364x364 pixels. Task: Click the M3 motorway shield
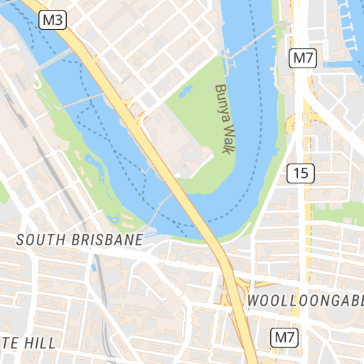(x=53, y=20)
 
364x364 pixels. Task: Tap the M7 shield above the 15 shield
(x=303, y=58)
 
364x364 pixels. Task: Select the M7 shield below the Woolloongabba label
(x=285, y=338)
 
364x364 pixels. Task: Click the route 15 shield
(x=301, y=172)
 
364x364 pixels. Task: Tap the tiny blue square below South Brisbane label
(x=93, y=268)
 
